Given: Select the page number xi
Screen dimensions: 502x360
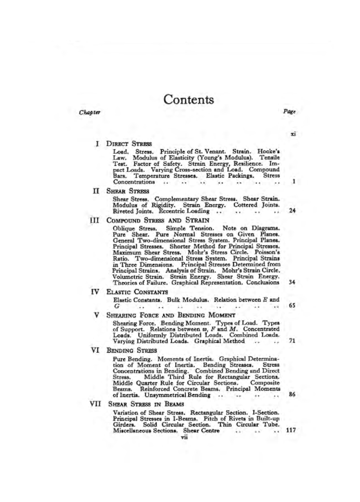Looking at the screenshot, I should point(293,134).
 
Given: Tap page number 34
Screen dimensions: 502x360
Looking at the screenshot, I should point(292,282).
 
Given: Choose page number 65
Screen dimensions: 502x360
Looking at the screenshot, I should point(292,306).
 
